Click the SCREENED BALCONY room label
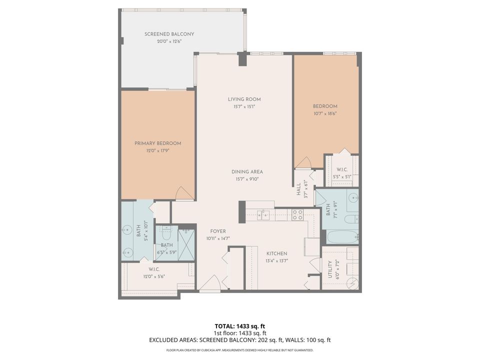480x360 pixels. point(169,34)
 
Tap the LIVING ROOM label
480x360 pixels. point(244,99)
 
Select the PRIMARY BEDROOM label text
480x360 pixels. point(157,143)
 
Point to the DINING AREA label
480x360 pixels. point(246,172)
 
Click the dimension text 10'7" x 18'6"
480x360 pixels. point(325,113)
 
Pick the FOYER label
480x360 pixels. point(218,231)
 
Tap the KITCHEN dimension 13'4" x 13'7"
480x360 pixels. point(276,260)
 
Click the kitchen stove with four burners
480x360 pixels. point(297,214)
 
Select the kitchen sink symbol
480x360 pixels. point(263,215)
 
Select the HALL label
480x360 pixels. point(298,189)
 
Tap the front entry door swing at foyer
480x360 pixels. point(210,286)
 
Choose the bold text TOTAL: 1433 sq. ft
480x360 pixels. point(240,325)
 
